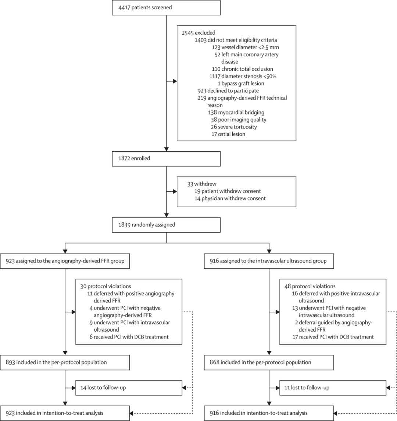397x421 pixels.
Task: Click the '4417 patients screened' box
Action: [166, 7]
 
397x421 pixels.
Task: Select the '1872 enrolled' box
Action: [166, 159]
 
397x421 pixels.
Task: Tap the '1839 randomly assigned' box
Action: [166, 225]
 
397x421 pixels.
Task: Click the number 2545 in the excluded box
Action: [187, 33]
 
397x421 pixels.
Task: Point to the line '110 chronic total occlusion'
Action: [242, 69]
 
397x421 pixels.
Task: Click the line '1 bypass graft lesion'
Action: [241, 84]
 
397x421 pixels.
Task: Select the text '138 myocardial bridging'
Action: [236, 113]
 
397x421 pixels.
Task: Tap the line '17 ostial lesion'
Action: [228, 134]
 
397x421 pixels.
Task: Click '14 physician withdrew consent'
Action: [230, 198]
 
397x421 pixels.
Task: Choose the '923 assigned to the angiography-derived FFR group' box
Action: [65, 261]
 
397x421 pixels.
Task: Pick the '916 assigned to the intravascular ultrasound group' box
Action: [269, 261]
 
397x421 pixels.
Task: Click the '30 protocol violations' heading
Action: [106, 286]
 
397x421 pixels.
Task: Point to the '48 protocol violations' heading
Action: [310, 286]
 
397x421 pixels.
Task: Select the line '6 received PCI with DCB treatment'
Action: [129, 337]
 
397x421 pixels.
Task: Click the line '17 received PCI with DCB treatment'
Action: [333, 337]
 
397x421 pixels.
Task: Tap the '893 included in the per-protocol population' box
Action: [65, 362]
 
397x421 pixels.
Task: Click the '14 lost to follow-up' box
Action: [129, 388]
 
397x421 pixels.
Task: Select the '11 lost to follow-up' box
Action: [333, 388]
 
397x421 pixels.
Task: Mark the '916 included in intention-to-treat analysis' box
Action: [269, 413]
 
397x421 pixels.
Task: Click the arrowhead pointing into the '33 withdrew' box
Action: [175, 192]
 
